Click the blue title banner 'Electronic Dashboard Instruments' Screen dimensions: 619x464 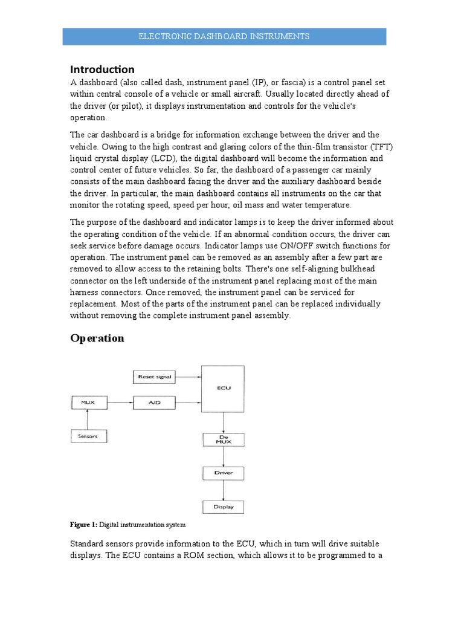click(224, 36)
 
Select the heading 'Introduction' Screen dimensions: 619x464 click(102, 69)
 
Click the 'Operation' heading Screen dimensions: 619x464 click(97, 338)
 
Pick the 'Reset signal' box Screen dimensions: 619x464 click(155, 377)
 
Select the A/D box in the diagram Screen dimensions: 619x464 click(155, 401)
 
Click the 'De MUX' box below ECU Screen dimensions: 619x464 click(223, 439)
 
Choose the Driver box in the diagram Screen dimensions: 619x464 click(223, 472)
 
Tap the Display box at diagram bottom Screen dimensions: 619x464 click(223, 507)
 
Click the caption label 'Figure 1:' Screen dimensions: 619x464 click(84, 524)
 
